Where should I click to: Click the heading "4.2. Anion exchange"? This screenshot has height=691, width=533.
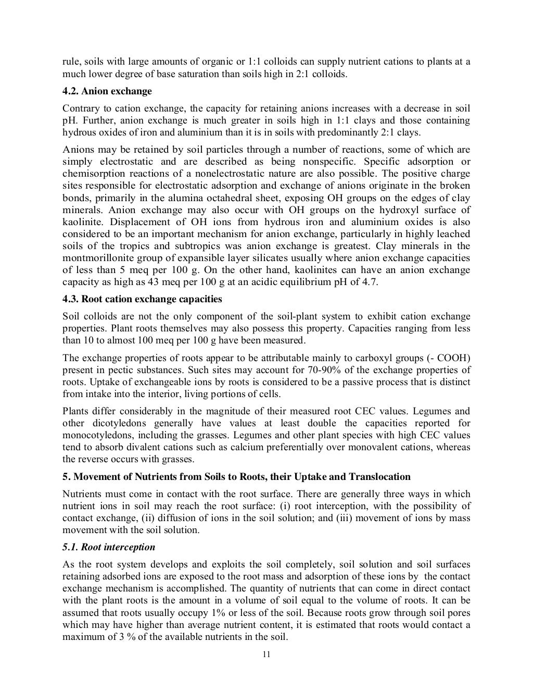click(107, 91)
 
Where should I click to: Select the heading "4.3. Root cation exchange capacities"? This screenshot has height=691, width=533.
click(142, 299)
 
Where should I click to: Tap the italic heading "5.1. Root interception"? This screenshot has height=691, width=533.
click(109, 547)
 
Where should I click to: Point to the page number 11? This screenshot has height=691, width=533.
click(266, 655)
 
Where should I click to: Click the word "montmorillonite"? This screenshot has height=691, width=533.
click(97, 258)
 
